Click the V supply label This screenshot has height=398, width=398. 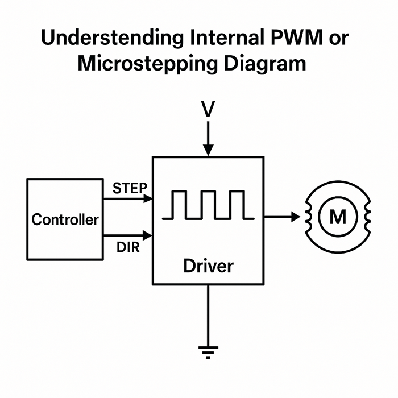(x=208, y=109)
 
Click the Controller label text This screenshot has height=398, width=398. (x=65, y=219)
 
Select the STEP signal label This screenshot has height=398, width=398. (x=130, y=188)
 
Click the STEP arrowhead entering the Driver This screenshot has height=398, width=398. (x=148, y=198)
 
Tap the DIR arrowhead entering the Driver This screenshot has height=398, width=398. (x=148, y=234)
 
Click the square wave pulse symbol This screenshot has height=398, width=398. (x=208, y=205)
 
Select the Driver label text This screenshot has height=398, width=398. (x=208, y=266)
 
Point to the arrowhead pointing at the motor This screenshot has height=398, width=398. (x=295, y=217)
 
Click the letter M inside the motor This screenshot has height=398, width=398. (x=337, y=217)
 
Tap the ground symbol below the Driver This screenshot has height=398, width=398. (x=209, y=353)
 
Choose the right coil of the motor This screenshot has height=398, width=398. (x=367, y=217)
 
